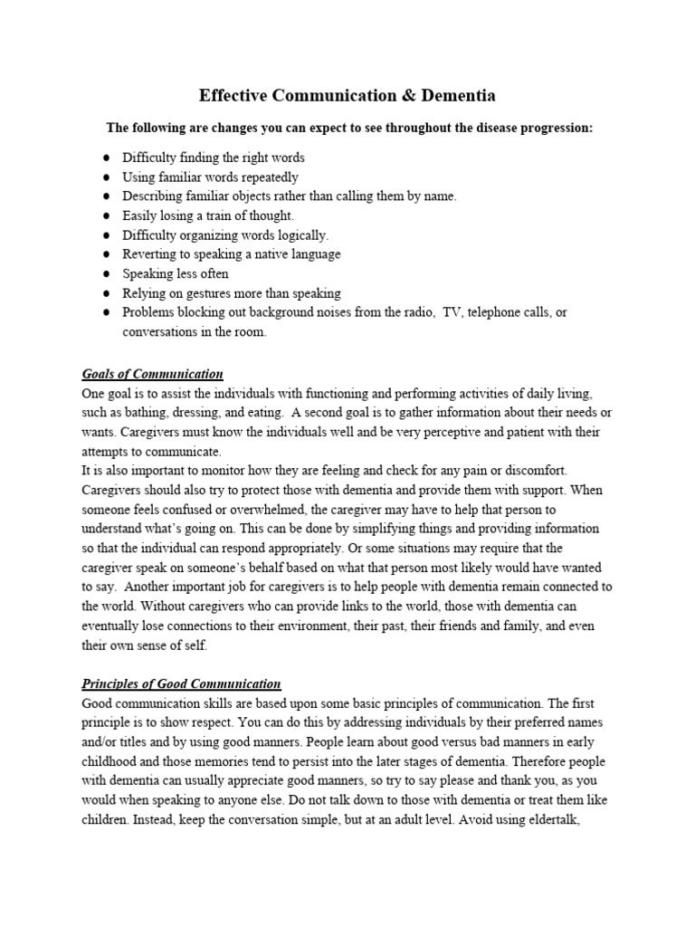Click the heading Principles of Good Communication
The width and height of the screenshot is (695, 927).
[x=181, y=683]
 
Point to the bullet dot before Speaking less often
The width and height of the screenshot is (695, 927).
[x=107, y=274]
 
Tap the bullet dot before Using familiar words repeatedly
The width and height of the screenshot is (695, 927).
[x=107, y=177]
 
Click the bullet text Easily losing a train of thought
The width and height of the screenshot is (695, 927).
[x=208, y=215]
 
